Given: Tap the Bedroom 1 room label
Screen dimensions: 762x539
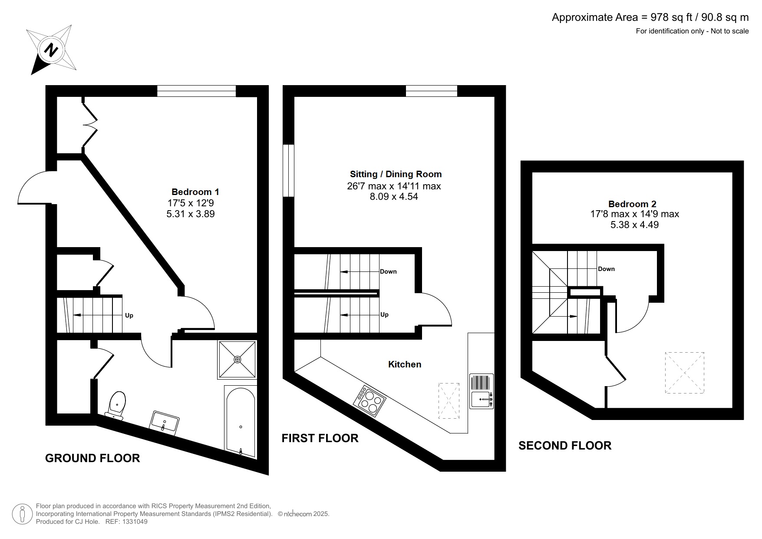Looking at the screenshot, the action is pos(195,192).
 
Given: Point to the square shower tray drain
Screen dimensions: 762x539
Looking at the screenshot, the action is pos(237,360).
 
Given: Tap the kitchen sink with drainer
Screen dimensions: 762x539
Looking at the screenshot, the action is pos(482,391).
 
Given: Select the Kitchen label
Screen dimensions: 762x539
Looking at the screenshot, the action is pos(405,364).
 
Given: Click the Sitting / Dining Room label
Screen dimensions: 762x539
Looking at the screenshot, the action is pos(396,174).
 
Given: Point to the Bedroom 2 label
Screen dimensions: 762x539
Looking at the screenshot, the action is pos(632,204).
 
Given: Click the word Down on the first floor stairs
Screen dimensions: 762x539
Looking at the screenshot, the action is pos(388,271).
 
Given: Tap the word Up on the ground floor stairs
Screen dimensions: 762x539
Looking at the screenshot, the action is pos(129,315).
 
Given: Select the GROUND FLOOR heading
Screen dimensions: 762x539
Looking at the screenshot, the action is pos(92,458).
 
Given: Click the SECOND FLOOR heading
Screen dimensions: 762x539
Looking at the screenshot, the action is pos(565,446).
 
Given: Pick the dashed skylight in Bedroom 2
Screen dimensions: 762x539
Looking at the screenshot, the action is pos(684,373).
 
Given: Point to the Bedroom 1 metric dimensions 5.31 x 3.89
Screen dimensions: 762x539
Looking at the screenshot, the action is pos(191,214).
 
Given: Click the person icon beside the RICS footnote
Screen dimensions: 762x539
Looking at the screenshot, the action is pos(22,514).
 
